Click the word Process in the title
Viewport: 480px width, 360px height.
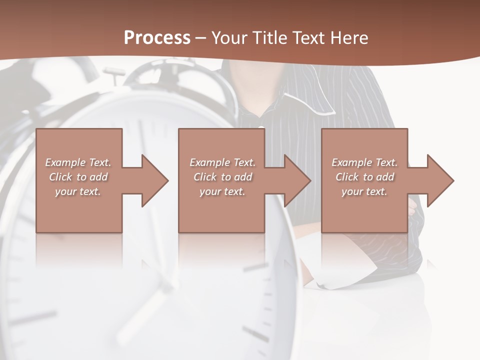point(157,38)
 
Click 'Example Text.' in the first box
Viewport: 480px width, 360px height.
point(78,162)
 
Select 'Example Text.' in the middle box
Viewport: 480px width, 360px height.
point(222,162)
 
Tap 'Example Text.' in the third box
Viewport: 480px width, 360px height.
point(364,162)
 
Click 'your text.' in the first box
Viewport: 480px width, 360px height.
point(78,191)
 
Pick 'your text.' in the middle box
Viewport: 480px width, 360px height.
point(222,191)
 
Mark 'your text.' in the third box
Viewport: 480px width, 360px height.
point(364,191)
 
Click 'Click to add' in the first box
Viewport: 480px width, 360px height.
point(78,177)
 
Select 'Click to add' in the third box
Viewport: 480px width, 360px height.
point(364,177)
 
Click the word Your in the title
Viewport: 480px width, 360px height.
point(230,38)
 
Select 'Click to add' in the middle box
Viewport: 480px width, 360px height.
point(222,177)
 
